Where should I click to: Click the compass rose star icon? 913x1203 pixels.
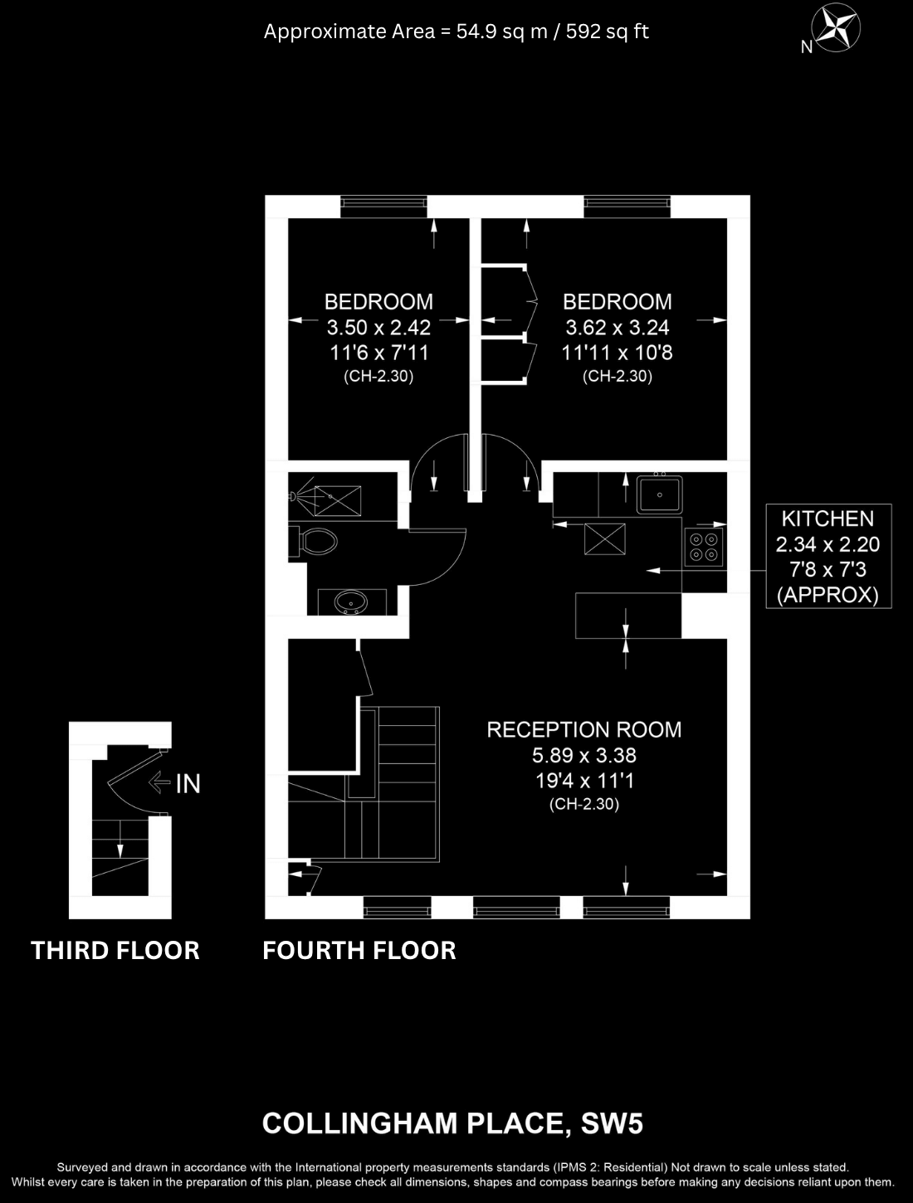pos(836,28)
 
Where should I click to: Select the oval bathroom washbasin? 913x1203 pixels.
pos(351,602)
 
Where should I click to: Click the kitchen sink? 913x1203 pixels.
pos(659,494)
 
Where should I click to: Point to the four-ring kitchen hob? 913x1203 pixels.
pos(704,547)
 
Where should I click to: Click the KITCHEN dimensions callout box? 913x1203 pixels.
pos(828,556)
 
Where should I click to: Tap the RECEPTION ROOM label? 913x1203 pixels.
pos(584,729)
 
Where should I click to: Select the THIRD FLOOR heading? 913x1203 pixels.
pos(115,951)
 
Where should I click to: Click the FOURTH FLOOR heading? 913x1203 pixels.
pos(359,951)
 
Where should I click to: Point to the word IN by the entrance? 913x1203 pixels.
pos(188,784)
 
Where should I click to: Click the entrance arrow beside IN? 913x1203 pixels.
pos(159,782)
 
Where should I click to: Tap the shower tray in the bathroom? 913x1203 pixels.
pos(337,500)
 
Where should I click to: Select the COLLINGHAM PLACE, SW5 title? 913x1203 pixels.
pos(452,1123)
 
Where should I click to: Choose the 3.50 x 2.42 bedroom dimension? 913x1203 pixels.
pos(378,327)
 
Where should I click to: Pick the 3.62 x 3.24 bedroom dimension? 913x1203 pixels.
pos(618,327)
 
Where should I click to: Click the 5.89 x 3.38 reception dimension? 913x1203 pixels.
pos(584,755)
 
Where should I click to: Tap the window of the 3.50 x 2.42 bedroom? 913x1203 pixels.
pos(383,206)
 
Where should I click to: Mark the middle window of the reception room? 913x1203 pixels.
pos(516,907)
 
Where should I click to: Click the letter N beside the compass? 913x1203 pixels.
pos(806,47)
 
